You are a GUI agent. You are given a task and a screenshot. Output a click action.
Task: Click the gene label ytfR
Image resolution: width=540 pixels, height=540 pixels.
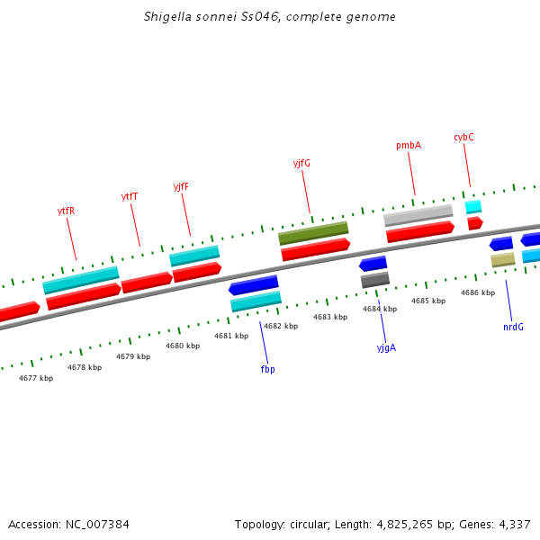pyautogui.click(x=66, y=211)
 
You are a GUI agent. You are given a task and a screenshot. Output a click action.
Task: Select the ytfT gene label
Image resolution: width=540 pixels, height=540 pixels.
pyautogui.click(x=130, y=196)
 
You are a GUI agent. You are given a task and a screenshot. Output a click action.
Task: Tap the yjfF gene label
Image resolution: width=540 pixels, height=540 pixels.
pyautogui.click(x=181, y=186)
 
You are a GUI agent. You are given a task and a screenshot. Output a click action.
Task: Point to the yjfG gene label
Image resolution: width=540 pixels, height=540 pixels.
pyautogui.click(x=301, y=163)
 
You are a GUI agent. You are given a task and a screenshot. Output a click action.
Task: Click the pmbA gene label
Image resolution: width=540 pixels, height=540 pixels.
pyautogui.click(x=409, y=145)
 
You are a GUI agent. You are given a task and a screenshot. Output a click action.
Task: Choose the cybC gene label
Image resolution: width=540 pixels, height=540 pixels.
pyautogui.click(x=463, y=137)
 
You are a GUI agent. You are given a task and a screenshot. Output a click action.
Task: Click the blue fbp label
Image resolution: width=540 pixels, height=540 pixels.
pyautogui.click(x=267, y=369)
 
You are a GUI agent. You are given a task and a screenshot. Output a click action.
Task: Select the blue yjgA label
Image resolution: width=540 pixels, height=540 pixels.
pyautogui.click(x=386, y=346)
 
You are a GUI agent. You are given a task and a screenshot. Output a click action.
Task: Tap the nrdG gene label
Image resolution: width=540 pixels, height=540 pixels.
pyautogui.click(x=513, y=327)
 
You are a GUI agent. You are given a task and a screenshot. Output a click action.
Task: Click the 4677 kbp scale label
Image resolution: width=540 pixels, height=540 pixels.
pyautogui.click(x=36, y=378)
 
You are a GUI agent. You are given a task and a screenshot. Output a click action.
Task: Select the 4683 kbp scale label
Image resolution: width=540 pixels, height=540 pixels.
pyautogui.click(x=330, y=317)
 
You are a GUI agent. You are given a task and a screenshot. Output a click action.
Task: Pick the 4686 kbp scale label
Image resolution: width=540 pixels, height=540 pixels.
pyautogui.click(x=478, y=292)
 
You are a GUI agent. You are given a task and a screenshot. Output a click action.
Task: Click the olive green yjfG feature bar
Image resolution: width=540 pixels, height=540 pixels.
pyautogui.click(x=313, y=233)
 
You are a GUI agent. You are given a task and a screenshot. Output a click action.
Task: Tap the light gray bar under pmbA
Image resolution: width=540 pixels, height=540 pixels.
pyautogui.click(x=418, y=215)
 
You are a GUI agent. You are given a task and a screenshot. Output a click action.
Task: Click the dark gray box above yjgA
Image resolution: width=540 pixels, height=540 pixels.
pyautogui.click(x=375, y=280)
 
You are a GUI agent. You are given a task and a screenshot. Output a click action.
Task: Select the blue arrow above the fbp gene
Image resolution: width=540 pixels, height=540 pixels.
pyautogui.click(x=254, y=285)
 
